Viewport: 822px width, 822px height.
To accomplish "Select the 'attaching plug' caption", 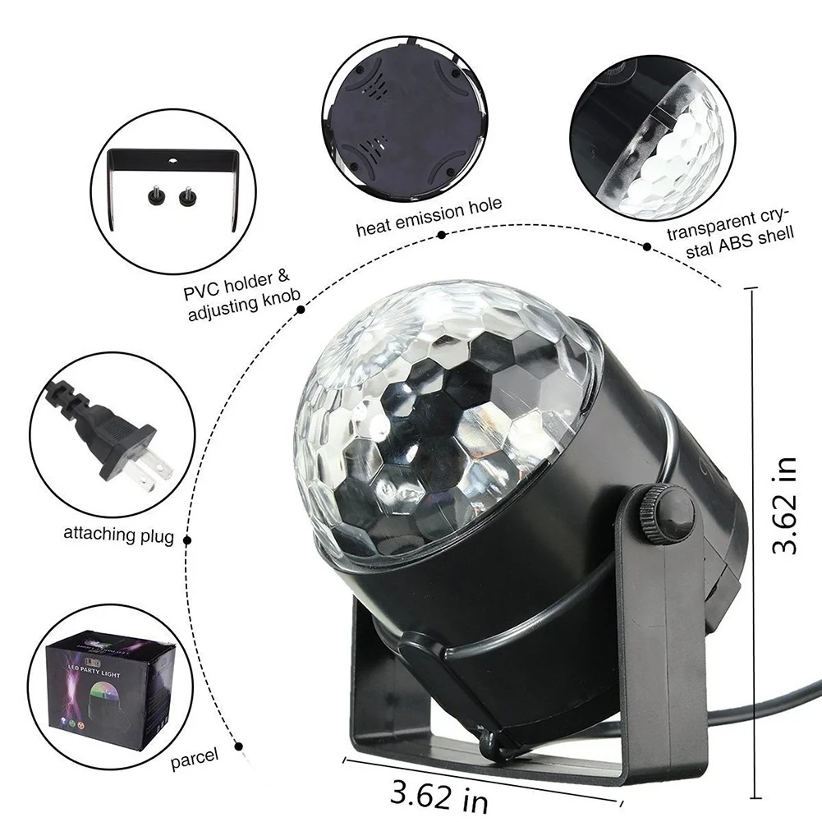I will click(x=118, y=535).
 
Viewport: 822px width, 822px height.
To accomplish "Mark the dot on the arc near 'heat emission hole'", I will click(x=441, y=236).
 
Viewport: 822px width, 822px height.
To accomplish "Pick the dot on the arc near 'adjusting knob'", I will click(x=301, y=310).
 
